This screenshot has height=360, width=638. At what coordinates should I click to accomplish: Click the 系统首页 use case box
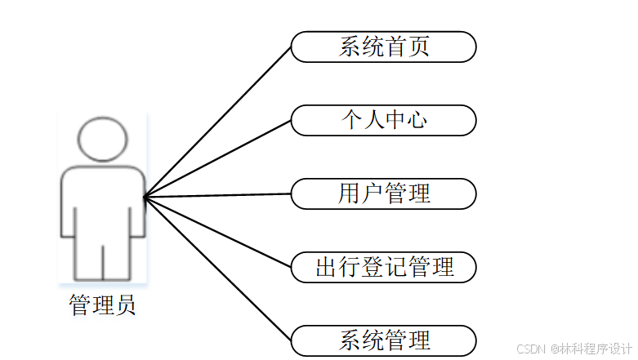tap(383, 47)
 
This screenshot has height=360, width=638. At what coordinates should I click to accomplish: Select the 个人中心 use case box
tap(383, 120)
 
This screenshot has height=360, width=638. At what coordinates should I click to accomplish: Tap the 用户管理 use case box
tap(383, 193)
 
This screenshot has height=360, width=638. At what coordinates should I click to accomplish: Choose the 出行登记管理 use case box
tap(383, 267)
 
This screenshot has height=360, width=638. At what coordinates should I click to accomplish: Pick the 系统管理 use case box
tap(383, 340)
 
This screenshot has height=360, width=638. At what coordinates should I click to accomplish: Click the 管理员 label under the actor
tap(102, 306)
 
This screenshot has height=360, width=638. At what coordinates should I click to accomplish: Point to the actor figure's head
tap(102, 139)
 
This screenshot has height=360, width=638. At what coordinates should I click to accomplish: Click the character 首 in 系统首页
tap(395, 47)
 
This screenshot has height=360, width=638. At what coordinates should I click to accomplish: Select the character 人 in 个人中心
tap(373, 120)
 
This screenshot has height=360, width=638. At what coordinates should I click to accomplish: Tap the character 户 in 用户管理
tap(373, 193)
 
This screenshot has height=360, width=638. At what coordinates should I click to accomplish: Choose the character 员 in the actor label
tap(125, 306)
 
